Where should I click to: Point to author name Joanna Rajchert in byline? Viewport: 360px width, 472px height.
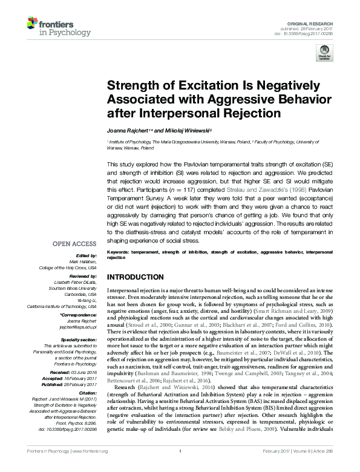[x=128, y=129]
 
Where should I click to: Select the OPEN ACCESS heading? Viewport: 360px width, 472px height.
[x=74, y=244]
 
